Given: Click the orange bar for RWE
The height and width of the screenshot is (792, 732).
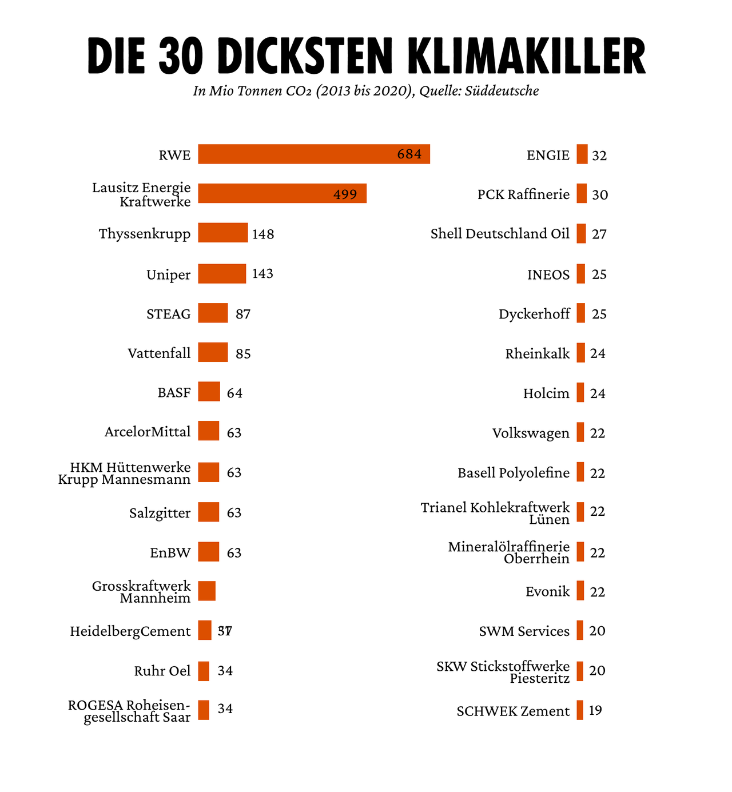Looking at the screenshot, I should point(313,154).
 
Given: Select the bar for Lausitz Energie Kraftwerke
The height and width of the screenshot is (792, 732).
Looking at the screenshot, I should point(282,193).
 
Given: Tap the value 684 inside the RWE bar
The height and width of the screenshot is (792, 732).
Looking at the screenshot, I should point(409,154).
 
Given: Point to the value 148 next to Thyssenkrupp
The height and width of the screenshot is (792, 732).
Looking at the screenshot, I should point(262,234).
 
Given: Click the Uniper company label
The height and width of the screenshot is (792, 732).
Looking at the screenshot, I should point(169,274).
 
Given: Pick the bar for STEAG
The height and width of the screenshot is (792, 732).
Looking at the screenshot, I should point(213,313).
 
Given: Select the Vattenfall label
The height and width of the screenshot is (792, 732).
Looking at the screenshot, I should point(159,353).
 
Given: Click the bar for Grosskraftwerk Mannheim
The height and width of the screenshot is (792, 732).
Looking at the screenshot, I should point(207,591).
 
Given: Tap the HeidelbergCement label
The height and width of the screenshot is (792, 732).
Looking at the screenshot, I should point(130,631).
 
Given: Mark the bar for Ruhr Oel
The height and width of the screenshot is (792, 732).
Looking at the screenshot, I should point(204,671).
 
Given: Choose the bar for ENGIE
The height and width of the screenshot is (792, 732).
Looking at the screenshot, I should point(582,154).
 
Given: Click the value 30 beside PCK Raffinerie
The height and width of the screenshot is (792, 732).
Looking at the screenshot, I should point(600,195).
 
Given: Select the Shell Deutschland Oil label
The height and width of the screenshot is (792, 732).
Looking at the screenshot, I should point(500,234).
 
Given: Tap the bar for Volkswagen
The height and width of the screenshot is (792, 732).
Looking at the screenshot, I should point(580,432).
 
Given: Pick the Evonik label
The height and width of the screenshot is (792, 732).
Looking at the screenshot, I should point(547,591).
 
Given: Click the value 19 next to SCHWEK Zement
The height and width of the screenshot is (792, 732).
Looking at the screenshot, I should point(595,711).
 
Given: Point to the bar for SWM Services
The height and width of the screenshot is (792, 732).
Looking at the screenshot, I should point(580,630).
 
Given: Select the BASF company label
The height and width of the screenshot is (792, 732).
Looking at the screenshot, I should point(174,393).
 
